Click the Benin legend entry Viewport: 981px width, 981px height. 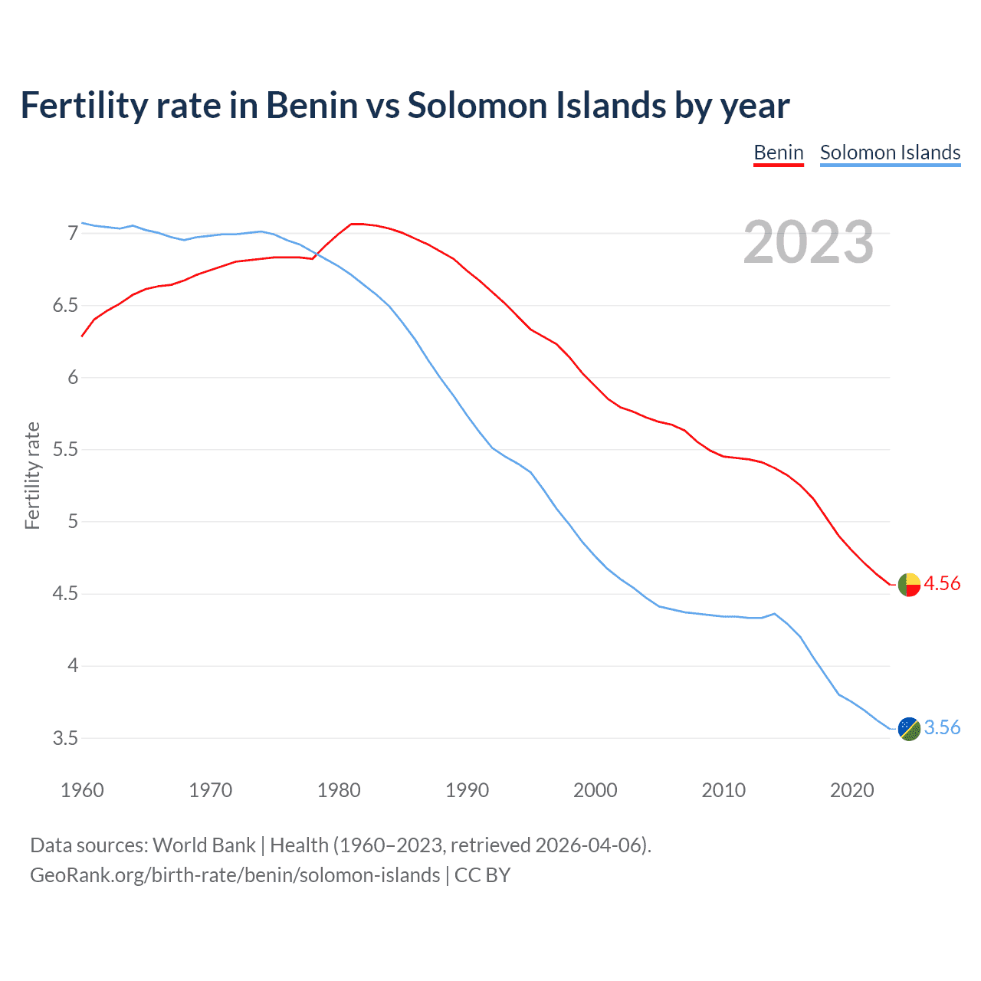pyautogui.click(x=778, y=153)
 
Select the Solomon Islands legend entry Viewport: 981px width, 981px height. pyautogui.click(x=890, y=153)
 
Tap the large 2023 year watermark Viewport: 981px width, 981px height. pyautogui.click(x=809, y=242)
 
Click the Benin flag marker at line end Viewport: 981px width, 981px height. pyautogui.click(x=909, y=584)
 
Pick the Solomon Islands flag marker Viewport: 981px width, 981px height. pyautogui.click(x=909, y=729)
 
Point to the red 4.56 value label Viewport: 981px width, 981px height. pyautogui.click(x=942, y=583)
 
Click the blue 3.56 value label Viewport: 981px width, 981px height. pyautogui.click(x=942, y=727)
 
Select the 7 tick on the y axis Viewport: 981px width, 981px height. pyautogui.click(x=73, y=233)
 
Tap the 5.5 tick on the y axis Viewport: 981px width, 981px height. pyautogui.click(x=66, y=449)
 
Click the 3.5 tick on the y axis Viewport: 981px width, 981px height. pyautogui.click(x=66, y=738)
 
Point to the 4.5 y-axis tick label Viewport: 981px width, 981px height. pyautogui.click(x=66, y=594)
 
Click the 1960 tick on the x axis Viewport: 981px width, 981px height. pyautogui.click(x=82, y=790)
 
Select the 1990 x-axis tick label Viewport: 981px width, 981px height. pyautogui.click(x=467, y=790)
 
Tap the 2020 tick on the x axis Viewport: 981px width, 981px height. pyautogui.click(x=851, y=790)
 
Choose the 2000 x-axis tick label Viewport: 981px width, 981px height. pyautogui.click(x=595, y=790)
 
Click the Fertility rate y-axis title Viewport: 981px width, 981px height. pyautogui.click(x=32, y=475)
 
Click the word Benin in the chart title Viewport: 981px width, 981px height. pyautogui.click(x=312, y=105)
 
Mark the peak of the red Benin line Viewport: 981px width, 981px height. pyautogui.click(x=354, y=224)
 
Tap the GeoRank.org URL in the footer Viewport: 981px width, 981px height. pyautogui.click(x=235, y=875)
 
